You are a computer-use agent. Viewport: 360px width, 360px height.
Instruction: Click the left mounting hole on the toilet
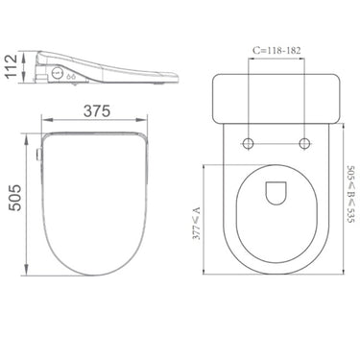click(250, 145)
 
